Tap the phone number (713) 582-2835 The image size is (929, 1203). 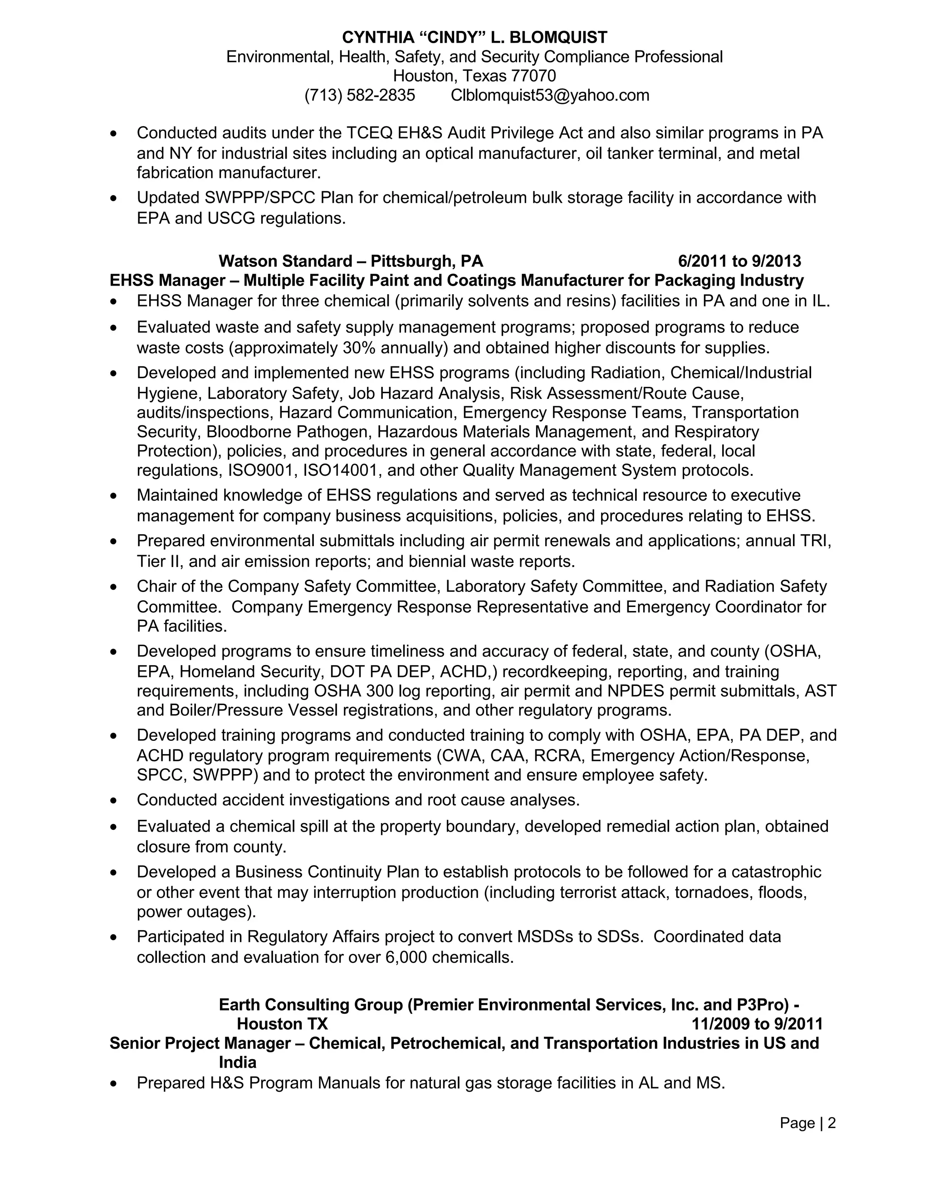359,95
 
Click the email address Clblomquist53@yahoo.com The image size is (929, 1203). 550,95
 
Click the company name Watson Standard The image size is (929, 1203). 285,261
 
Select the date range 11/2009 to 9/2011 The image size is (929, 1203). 757,1024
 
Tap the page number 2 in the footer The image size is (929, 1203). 831,1123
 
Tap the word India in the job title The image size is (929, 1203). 238,1063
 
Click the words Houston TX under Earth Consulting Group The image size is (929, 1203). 282,1024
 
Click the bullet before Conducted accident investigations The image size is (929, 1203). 113,800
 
